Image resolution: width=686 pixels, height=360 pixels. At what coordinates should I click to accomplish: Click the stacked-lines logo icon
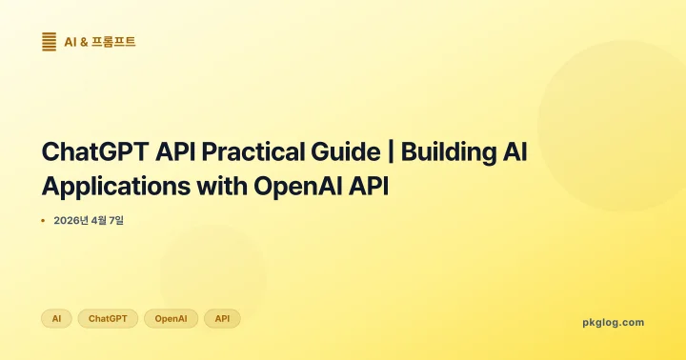pos(49,41)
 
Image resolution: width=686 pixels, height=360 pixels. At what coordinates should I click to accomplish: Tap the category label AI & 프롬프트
pos(100,41)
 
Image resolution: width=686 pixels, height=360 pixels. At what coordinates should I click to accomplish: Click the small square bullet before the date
pos(43,221)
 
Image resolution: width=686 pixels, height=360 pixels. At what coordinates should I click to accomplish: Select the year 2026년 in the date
pos(71,221)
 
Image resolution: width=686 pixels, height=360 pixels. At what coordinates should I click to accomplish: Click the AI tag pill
pos(56,318)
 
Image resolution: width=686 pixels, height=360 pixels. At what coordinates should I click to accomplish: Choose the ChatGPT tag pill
pos(108,318)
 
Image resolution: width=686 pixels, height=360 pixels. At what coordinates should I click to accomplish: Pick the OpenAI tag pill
pos(171,318)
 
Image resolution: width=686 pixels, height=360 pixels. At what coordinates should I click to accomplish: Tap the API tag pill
pos(222,318)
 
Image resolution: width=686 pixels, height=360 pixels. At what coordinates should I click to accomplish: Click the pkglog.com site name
pos(613,323)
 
